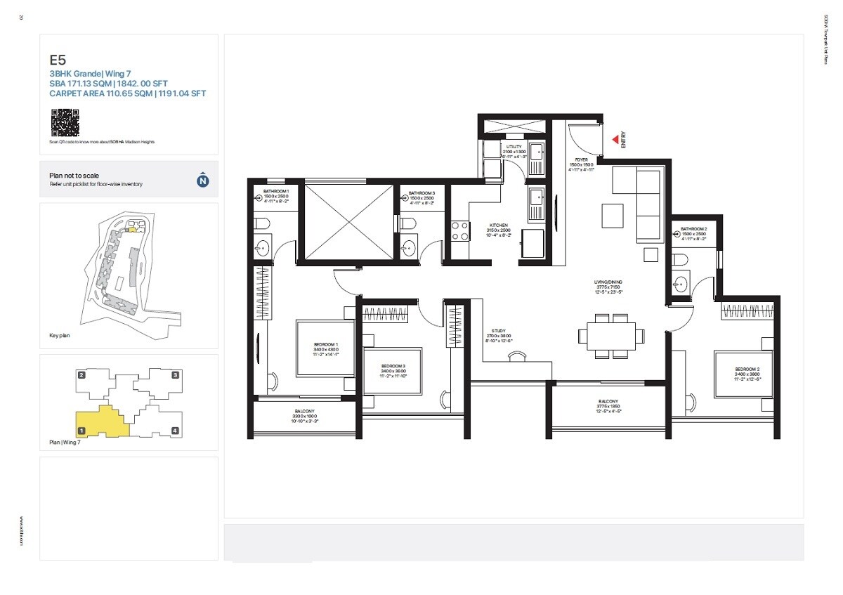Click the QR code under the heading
[65, 123]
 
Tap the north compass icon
[202, 180]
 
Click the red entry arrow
[615, 140]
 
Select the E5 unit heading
[58, 60]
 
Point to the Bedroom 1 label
[326, 349]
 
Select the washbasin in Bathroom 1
[262, 247]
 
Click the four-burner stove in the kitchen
[460, 231]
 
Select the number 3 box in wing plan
[175, 375]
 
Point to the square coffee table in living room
[612, 215]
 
